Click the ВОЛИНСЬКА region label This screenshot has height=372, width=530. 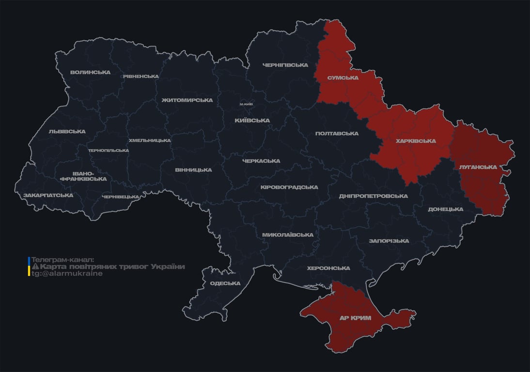coord(90,73)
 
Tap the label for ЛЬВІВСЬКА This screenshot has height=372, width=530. coord(67,131)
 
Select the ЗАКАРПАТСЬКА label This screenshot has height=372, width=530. coord(48,195)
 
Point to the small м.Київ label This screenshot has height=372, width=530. coord(246,104)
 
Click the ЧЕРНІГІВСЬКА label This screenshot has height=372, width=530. coord(285,65)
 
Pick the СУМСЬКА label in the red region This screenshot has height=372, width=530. coord(343,77)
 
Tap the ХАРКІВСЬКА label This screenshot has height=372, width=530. coord(416,141)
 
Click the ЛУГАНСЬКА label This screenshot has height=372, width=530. coord(478,167)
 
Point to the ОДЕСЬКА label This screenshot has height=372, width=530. coord(225,283)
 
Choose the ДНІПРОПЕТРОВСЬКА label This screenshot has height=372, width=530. coord(373,196)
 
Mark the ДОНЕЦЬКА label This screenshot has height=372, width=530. coord(445,209)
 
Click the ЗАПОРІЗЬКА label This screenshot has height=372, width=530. coord(389,241)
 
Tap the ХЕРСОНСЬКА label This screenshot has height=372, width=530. coord(328,268)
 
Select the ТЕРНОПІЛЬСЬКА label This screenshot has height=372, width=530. coord(109,150)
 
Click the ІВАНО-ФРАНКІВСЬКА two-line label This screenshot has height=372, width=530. coord(83,176)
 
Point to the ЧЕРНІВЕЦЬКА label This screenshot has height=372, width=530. coord(121,197)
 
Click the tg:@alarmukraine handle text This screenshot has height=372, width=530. coord(67,274)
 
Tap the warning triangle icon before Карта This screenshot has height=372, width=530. coord(35,267)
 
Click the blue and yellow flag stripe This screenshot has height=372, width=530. coord(29,266)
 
